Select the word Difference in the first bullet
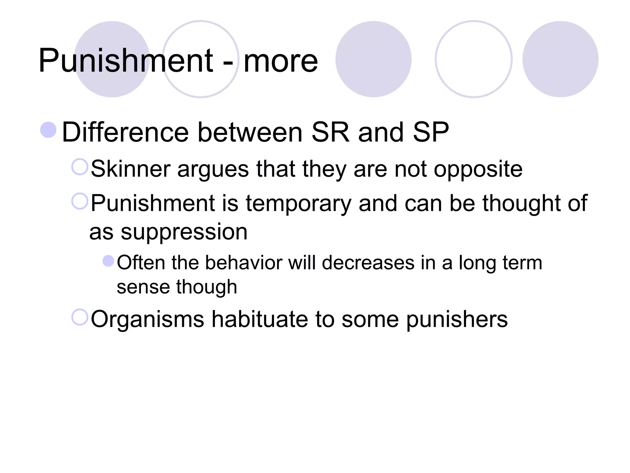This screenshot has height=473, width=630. (125, 132)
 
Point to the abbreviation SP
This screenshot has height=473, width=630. (431, 132)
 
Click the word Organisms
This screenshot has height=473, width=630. (147, 319)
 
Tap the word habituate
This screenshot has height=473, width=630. (260, 319)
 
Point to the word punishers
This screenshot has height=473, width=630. (457, 320)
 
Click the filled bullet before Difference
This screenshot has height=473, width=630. (48, 130)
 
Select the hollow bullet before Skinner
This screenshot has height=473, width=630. (80, 167)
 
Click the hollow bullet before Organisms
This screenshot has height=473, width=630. (80, 317)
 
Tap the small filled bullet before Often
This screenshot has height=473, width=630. (108, 261)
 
